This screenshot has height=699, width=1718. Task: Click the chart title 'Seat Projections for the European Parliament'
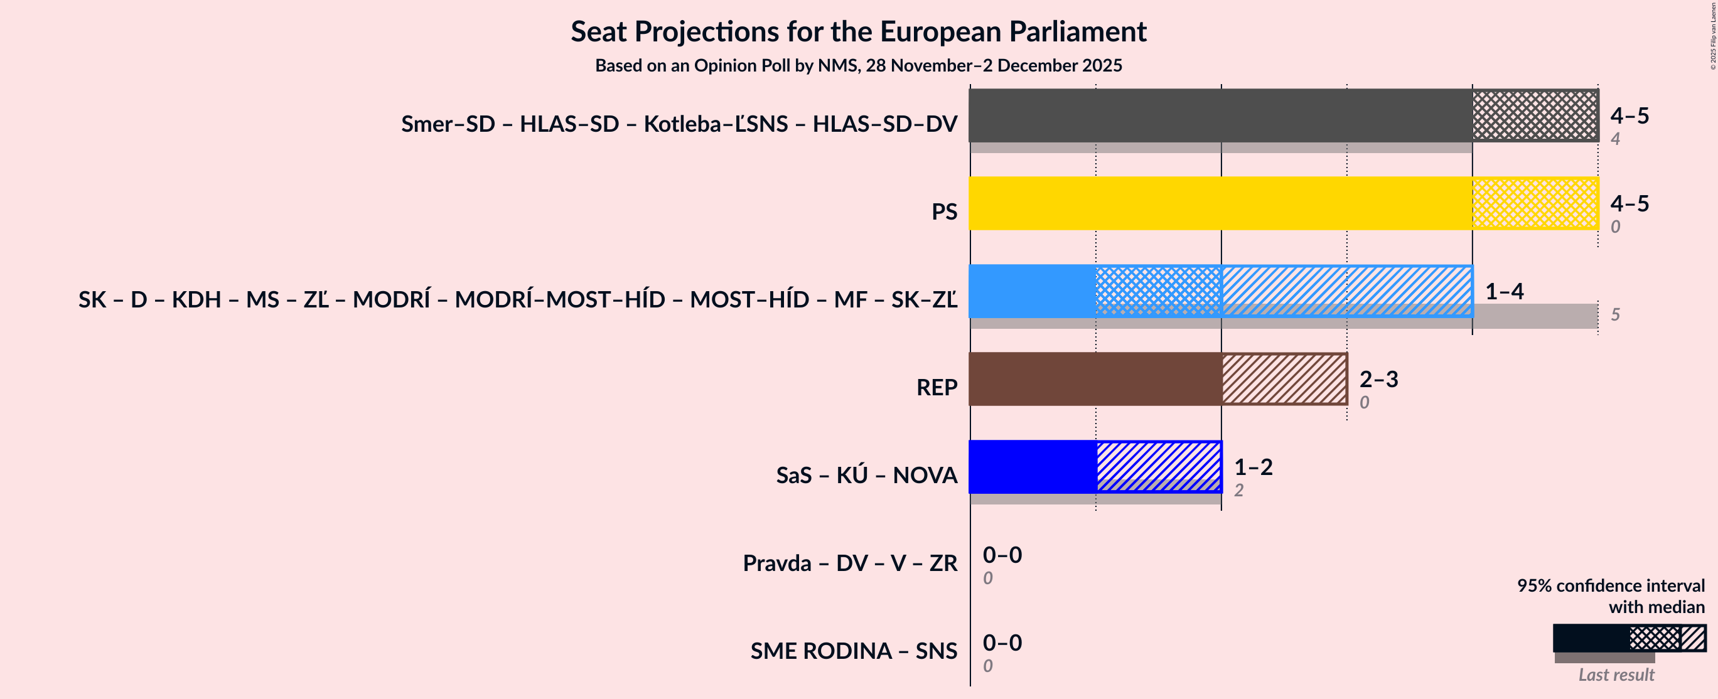[x=858, y=31]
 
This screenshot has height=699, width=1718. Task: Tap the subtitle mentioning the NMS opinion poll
[x=858, y=65]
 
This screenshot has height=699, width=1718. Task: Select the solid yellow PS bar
[x=1220, y=203]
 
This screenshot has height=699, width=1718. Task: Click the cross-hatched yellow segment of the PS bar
[x=1535, y=203]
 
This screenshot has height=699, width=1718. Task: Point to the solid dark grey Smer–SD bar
[x=1220, y=115]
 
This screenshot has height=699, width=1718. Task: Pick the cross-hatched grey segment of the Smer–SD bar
[x=1535, y=115]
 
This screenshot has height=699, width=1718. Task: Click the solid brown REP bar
[x=1095, y=379]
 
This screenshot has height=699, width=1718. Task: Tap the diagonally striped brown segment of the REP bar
[x=1284, y=379]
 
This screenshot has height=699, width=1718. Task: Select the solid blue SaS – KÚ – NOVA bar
[x=1032, y=467]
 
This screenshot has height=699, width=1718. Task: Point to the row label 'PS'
[x=943, y=211]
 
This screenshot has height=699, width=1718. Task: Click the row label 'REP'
[x=937, y=388]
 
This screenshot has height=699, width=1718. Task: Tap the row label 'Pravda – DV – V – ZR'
[x=850, y=563]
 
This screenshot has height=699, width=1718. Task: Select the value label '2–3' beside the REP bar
[x=1378, y=379]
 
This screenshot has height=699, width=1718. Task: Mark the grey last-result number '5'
[x=1614, y=314]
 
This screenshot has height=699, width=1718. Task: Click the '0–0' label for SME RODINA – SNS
[x=1002, y=643]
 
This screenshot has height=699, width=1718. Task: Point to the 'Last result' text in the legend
[x=1615, y=675]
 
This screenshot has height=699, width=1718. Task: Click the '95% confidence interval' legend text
[x=1610, y=585]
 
